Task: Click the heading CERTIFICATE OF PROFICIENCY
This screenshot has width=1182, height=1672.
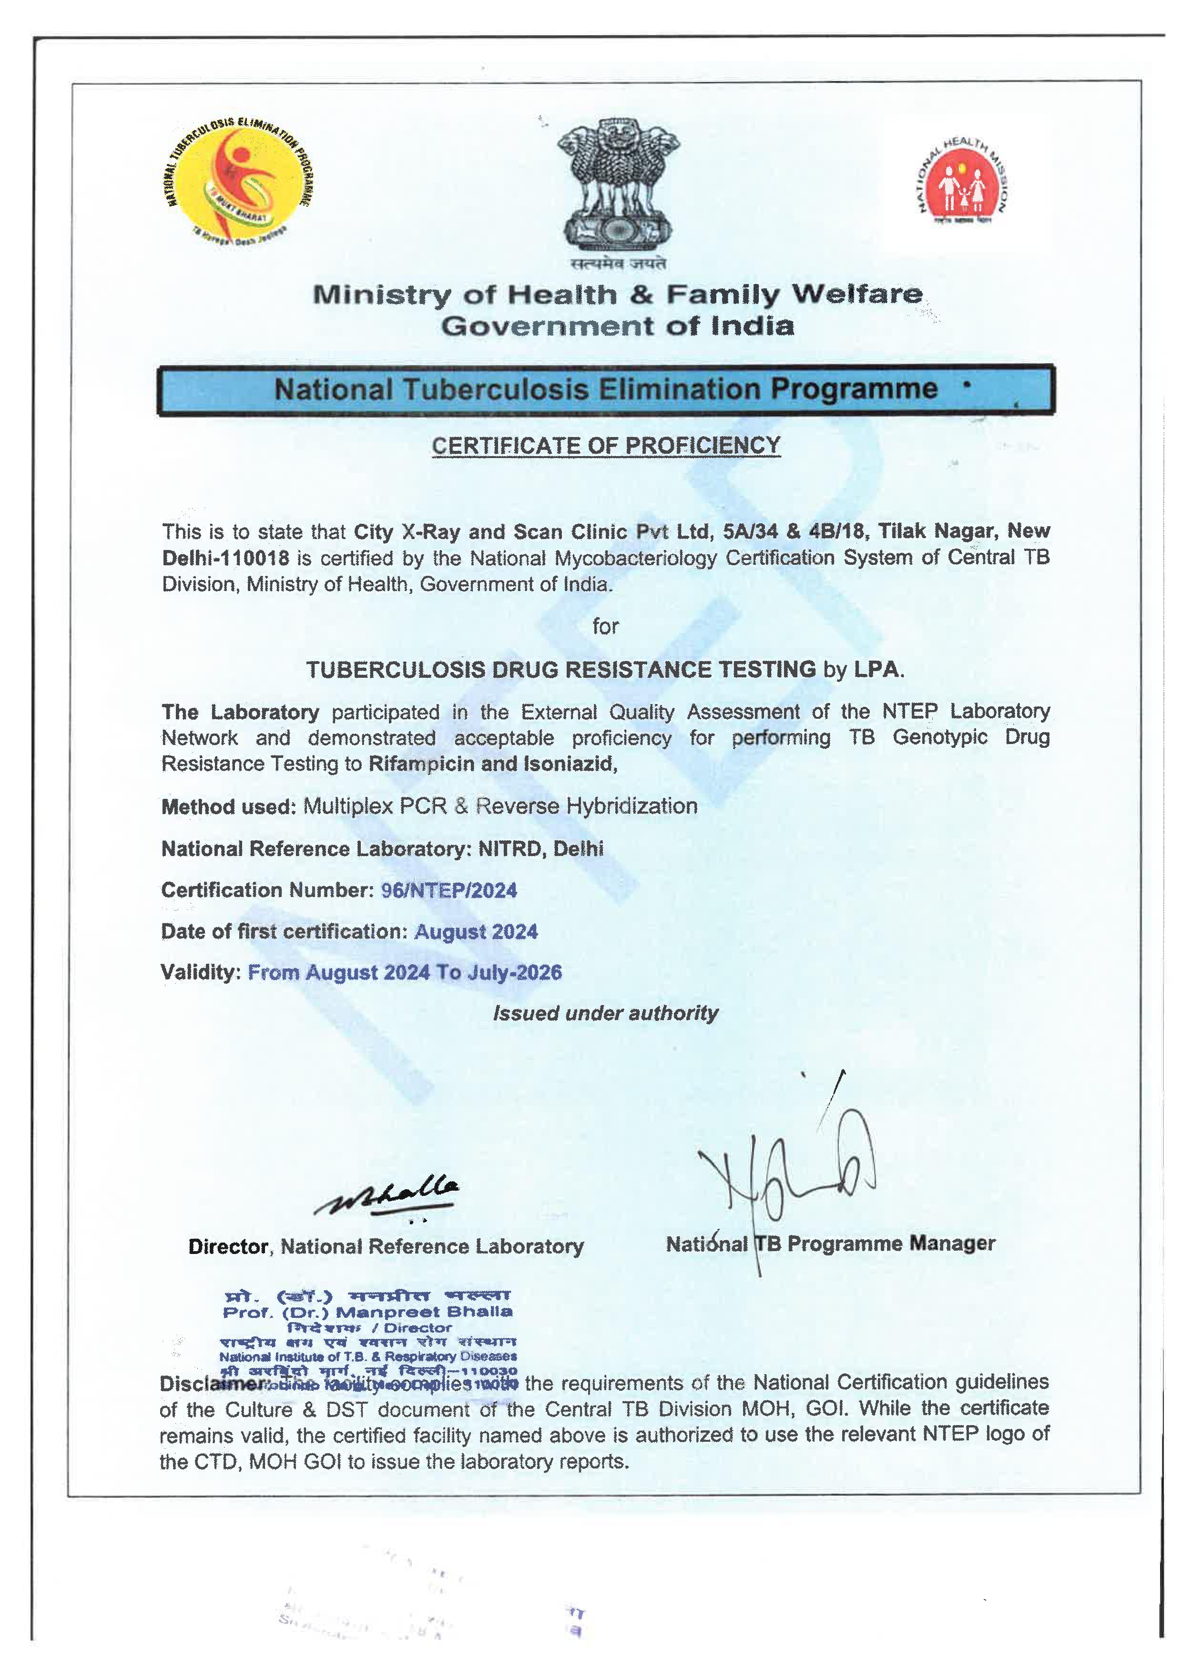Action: pos(606,446)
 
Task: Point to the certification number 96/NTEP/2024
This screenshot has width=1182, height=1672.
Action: pos(448,890)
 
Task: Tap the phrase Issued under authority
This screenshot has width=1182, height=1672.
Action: pos(605,1013)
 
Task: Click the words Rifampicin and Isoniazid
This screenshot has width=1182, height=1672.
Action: pos(493,764)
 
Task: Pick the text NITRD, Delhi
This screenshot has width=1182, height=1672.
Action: pos(540,848)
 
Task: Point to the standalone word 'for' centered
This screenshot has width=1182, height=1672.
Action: pos(605,626)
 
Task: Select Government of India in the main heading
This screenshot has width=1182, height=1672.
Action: pos(618,326)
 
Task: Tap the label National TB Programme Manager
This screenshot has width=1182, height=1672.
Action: pos(830,1243)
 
